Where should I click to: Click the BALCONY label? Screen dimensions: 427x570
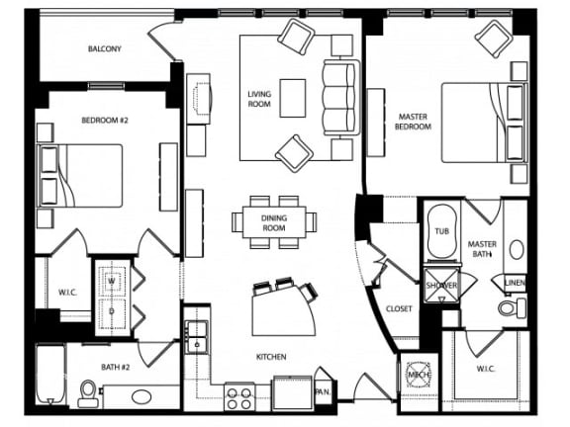click(x=104, y=48)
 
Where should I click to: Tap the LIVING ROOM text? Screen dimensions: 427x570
click(x=259, y=99)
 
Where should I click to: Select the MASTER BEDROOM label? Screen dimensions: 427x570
click(x=413, y=121)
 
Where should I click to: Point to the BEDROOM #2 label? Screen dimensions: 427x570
click(x=104, y=120)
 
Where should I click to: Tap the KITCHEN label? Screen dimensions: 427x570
click(x=271, y=356)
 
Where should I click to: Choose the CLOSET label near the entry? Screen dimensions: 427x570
click(x=399, y=307)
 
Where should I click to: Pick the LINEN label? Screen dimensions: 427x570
click(x=515, y=283)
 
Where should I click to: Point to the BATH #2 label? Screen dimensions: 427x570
click(x=115, y=367)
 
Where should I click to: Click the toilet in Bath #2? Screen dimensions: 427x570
click(x=88, y=394)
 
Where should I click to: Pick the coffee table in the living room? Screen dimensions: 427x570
click(x=294, y=97)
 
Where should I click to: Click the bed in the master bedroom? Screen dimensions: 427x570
click(x=480, y=134)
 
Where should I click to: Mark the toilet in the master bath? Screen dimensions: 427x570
click(x=512, y=308)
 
